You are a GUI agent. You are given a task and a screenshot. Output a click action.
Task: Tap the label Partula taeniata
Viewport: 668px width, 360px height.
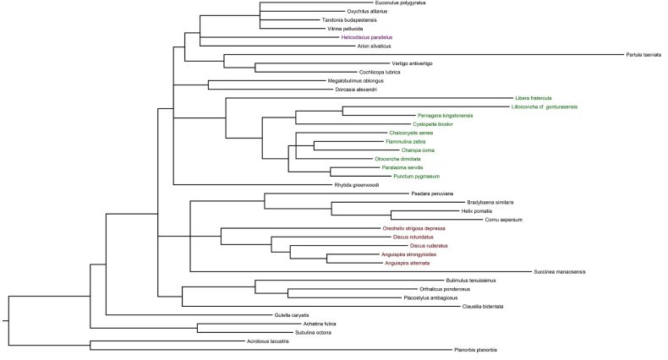(643, 55)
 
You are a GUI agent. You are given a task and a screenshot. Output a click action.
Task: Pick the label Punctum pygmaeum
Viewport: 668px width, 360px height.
(417, 176)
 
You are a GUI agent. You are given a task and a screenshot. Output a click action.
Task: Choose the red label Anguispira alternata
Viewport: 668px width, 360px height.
(407, 263)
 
